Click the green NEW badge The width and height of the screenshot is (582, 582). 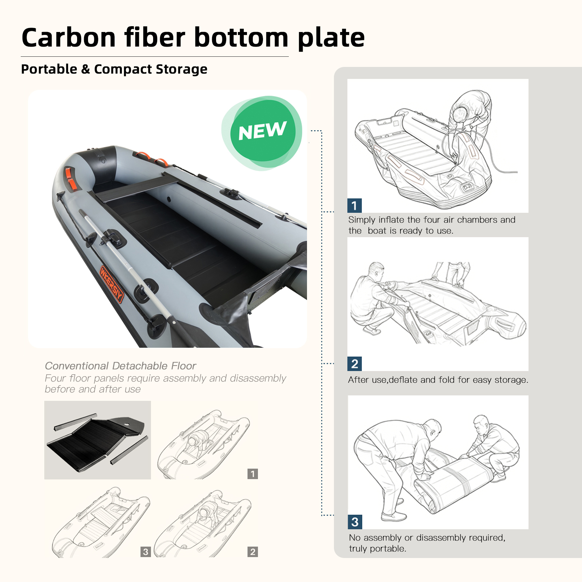pyautogui.click(x=262, y=132)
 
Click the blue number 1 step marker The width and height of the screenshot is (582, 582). pyautogui.click(x=355, y=206)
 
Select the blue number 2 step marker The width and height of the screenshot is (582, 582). pyautogui.click(x=355, y=364)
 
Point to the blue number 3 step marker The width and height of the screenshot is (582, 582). pyautogui.click(x=355, y=522)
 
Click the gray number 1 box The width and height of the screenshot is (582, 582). pyautogui.click(x=252, y=474)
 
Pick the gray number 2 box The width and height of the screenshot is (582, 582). pyautogui.click(x=252, y=552)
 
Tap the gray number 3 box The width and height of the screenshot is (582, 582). pyautogui.click(x=145, y=552)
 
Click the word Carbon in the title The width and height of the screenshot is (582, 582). pyautogui.click(x=69, y=38)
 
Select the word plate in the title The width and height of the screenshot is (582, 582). pyautogui.click(x=331, y=39)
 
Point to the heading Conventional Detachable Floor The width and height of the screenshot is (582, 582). pyautogui.click(x=120, y=366)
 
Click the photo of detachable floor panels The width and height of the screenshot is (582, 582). pyautogui.click(x=97, y=440)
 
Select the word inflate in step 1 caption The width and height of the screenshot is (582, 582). pyautogui.click(x=391, y=220)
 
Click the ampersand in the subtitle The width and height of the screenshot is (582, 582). pyautogui.click(x=85, y=69)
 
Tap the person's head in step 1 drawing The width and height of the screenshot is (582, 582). pyautogui.click(x=461, y=113)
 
